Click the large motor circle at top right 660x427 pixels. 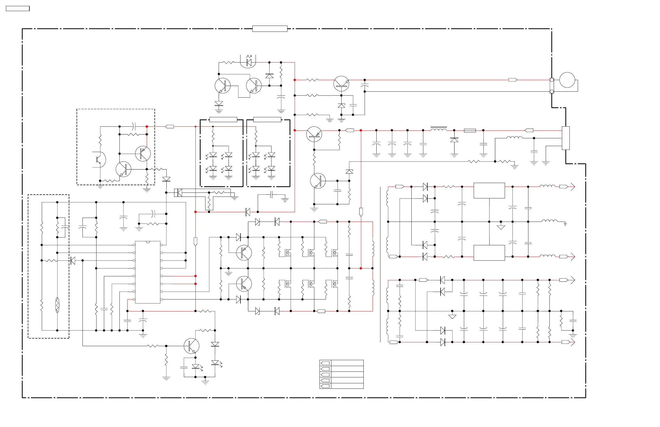567,80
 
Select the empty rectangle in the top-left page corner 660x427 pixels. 18,9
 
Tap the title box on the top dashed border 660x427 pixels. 270,29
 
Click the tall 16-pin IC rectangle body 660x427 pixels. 147,272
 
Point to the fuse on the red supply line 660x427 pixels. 470,130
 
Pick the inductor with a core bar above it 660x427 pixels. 438,129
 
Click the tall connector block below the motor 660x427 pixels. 565,138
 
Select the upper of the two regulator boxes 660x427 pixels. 489,191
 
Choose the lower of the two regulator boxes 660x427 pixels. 489,253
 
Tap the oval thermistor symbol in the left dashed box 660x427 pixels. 57,305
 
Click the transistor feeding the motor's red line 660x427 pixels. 341,84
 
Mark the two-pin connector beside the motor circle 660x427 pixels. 552,86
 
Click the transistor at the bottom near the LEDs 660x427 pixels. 191,346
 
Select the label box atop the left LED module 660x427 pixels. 223,119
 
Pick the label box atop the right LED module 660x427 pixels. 267,119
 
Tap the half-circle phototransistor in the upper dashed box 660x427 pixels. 100,160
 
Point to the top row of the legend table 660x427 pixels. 341,363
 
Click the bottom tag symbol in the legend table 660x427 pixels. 325,386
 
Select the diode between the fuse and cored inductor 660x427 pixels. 454,140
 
